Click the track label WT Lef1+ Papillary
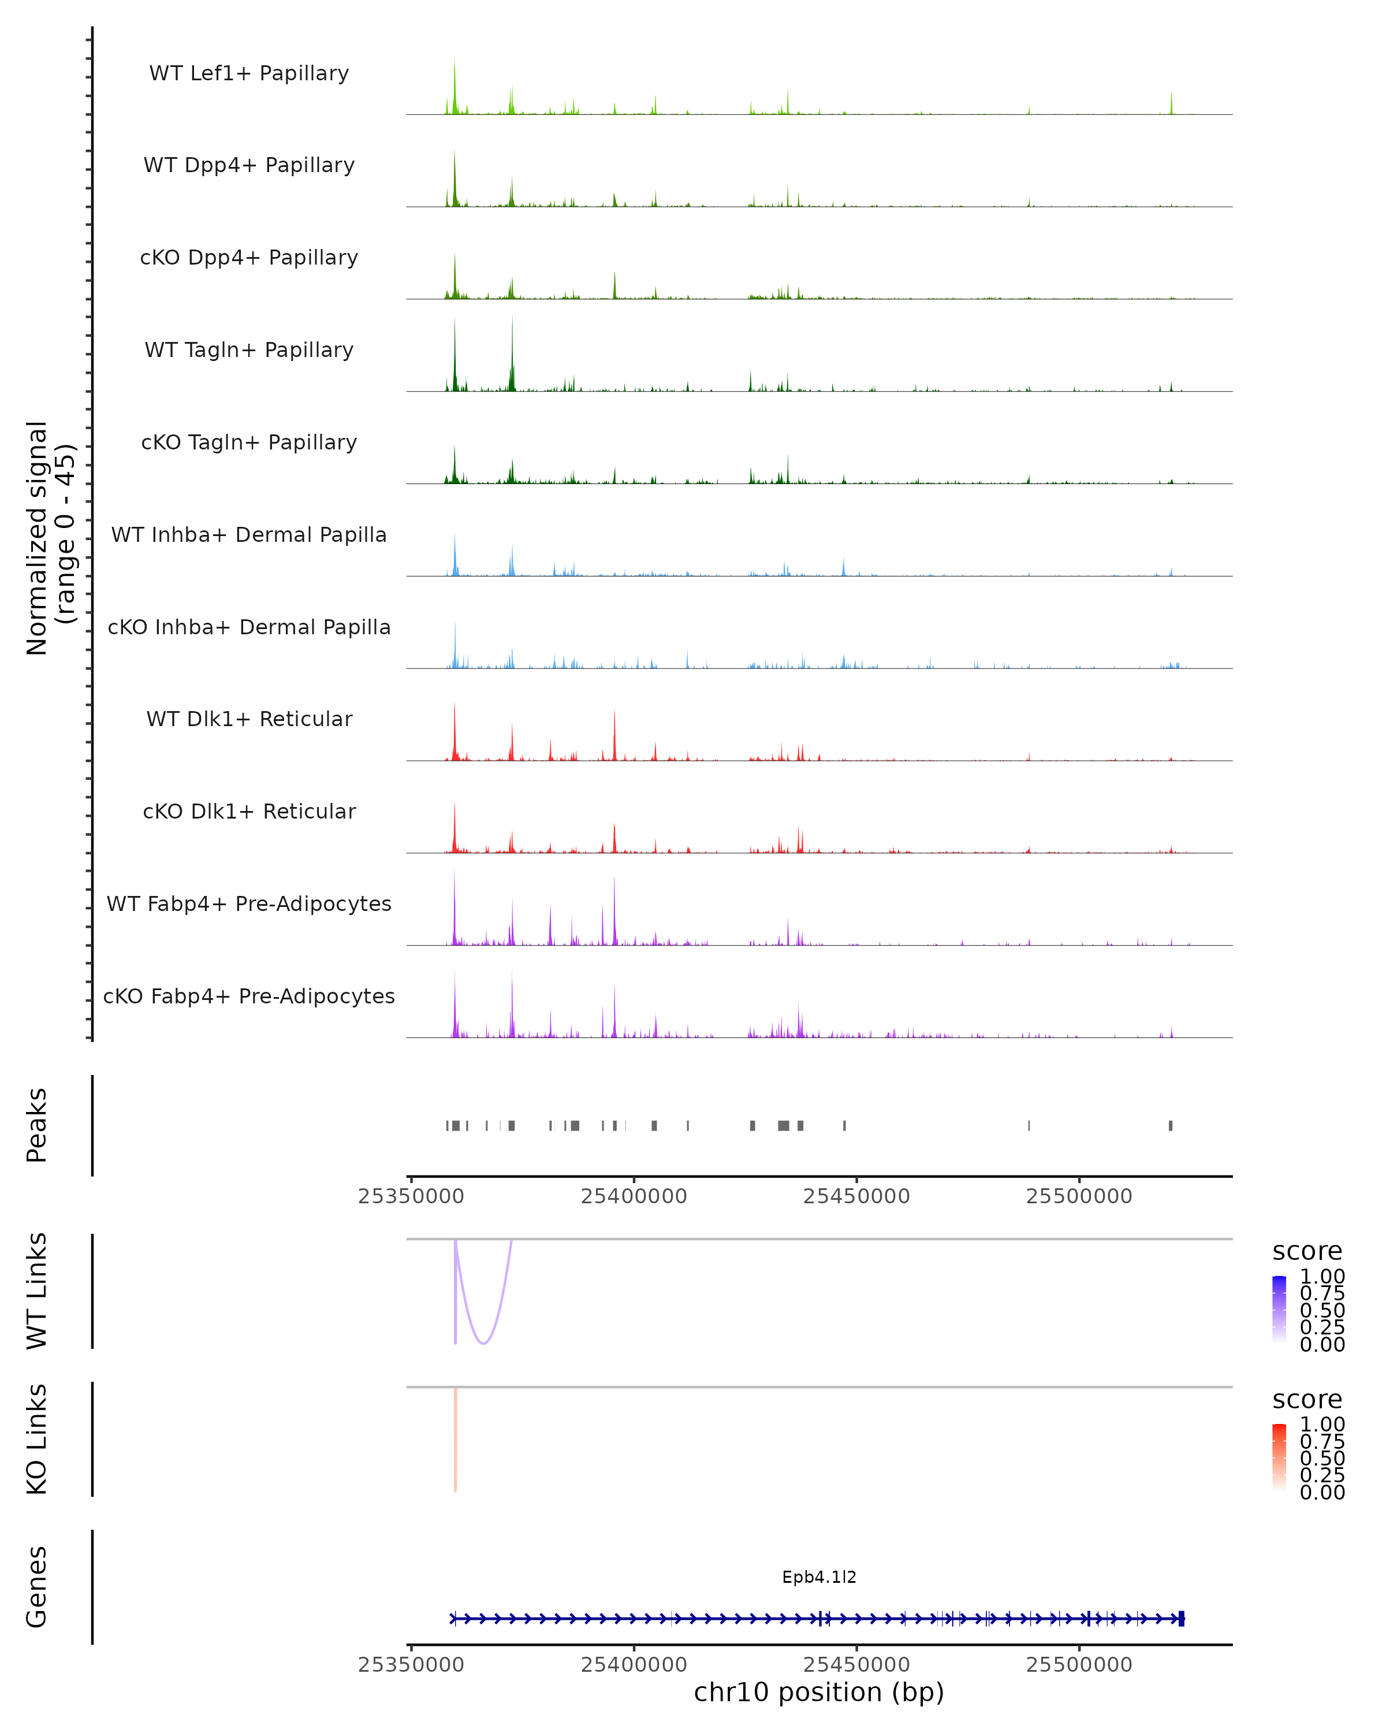coord(249,73)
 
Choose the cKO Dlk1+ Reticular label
coord(249,811)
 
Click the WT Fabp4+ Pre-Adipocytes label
coord(249,903)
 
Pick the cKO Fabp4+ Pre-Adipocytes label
coord(249,996)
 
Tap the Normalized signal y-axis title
coord(50,538)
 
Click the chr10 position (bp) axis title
coord(819,1692)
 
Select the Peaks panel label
coord(37,1125)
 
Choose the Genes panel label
coord(37,1587)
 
